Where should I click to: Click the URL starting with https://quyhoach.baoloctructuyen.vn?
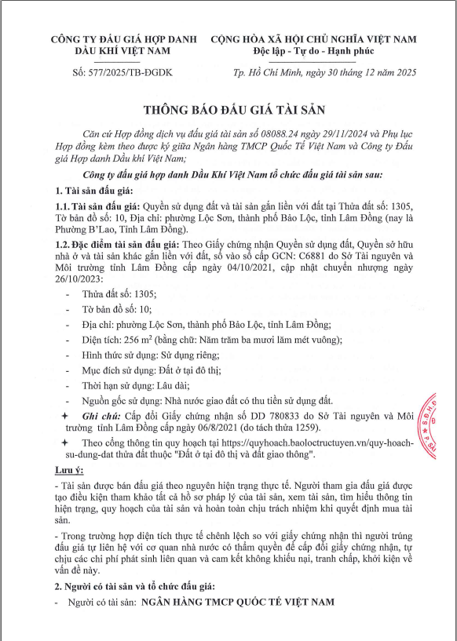[x=314, y=443]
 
